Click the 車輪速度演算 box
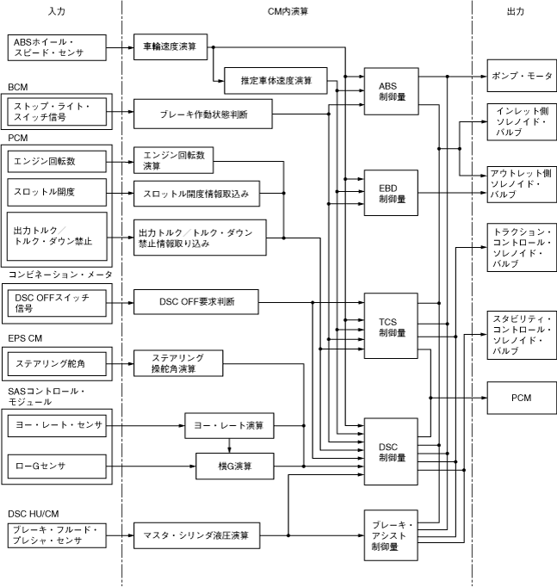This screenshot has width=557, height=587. [x=170, y=46]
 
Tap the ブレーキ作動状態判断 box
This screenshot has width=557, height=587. [x=204, y=113]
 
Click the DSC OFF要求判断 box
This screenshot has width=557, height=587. [x=196, y=302]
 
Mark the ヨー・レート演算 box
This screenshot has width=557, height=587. [x=229, y=425]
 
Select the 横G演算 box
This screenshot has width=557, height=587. [x=234, y=466]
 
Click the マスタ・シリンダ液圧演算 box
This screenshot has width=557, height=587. [x=196, y=535]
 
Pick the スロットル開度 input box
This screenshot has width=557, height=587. [x=58, y=189]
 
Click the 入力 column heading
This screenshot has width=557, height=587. [x=58, y=11]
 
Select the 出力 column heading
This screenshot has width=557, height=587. [x=517, y=11]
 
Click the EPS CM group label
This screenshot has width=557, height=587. [x=25, y=337]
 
